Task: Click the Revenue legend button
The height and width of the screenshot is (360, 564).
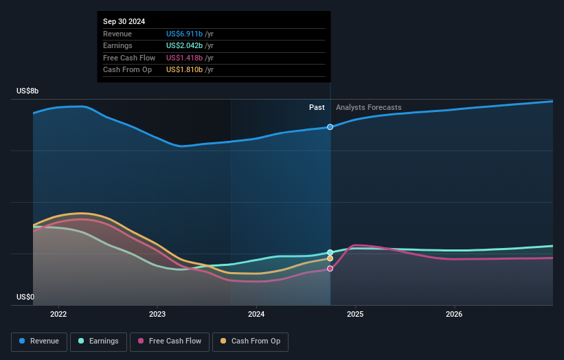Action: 38,341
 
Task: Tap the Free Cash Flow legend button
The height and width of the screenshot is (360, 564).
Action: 169,341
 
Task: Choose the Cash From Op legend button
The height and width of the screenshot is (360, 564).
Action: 251,341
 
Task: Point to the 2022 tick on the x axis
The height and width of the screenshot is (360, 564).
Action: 58,315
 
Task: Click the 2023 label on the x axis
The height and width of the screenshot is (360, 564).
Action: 157,315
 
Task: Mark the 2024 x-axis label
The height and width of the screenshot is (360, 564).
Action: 256,315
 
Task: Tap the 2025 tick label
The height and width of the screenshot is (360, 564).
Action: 355,315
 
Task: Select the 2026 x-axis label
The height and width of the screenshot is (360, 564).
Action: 454,315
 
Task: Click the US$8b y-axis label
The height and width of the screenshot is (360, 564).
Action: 28,91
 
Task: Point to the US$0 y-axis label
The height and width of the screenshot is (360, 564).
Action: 25,297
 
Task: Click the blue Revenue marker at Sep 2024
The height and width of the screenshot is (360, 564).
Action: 330,127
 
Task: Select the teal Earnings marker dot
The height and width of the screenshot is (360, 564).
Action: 330,252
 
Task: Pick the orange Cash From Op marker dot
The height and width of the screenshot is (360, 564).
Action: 330,258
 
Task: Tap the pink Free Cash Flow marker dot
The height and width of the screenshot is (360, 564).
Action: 330,269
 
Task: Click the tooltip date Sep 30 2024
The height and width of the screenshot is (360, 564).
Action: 124,22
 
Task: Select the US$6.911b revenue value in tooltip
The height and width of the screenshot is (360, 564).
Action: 184,34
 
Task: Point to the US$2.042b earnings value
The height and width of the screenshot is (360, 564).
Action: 184,46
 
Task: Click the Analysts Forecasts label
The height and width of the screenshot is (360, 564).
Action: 368,107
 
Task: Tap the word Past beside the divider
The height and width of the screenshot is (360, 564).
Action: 317,107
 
